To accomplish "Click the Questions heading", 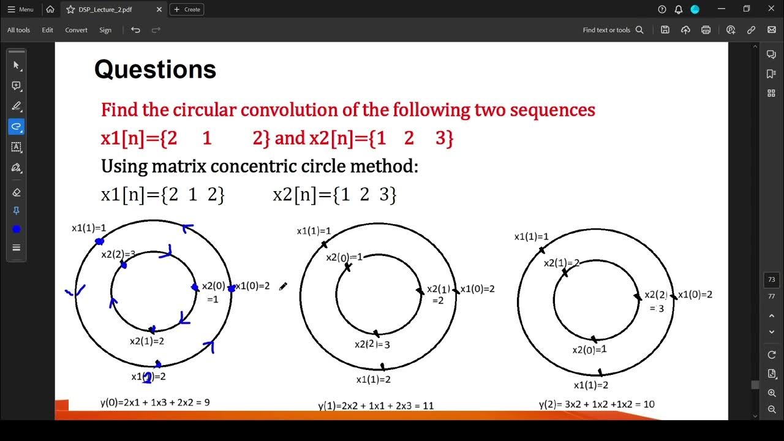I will [x=155, y=70].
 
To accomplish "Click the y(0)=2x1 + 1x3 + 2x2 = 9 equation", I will [x=155, y=402].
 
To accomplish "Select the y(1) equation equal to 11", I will [x=375, y=405].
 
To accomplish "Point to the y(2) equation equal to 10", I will [x=597, y=404].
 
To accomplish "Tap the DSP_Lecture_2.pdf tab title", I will [x=105, y=9].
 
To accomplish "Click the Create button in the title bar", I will [x=187, y=9].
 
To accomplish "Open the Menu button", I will [x=20, y=9].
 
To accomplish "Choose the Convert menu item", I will [x=76, y=30].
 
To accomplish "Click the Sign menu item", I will [x=105, y=30].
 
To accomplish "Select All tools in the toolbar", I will [x=18, y=30].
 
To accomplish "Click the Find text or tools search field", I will [x=612, y=30].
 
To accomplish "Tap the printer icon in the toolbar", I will [x=706, y=30].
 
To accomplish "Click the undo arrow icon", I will [x=135, y=30].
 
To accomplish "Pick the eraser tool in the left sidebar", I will [x=17, y=192].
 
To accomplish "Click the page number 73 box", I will [x=771, y=280].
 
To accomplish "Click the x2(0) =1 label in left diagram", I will [x=213, y=292].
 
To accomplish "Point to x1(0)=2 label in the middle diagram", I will [x=477, y=289].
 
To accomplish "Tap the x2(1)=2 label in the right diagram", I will [x=562, y=263].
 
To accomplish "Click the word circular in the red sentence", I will [x=205, y=110].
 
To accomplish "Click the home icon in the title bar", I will [x=50, y=9].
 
